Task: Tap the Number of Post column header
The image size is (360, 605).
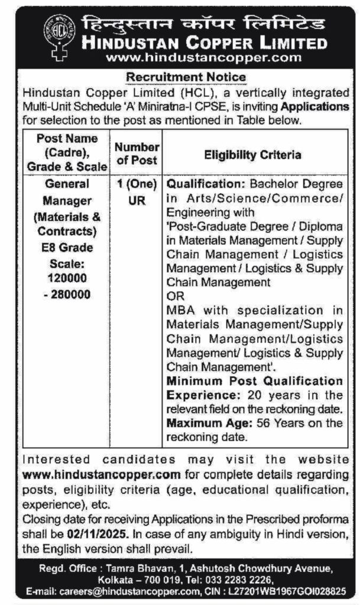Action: click(x=137, y=153)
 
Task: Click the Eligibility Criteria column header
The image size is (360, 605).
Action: click(x=252, y=155)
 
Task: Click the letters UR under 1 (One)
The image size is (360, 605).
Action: click(x=137, y=200)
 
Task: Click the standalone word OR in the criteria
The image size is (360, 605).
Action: click(x=176, y=296)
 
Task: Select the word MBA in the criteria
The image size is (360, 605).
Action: click(x=180, y=310)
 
